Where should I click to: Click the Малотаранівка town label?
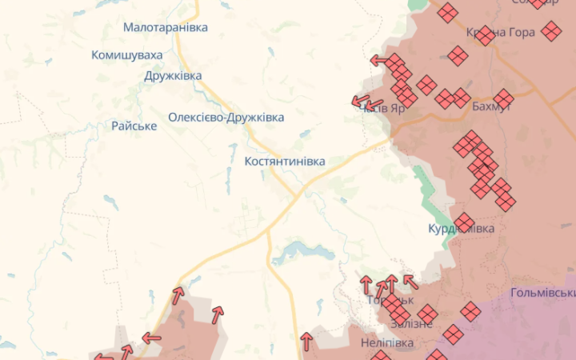[x=165, y=27]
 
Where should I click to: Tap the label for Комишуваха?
[x=126, y=55]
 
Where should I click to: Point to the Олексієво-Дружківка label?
[x=226, y=117]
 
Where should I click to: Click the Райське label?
[x=134, y=126]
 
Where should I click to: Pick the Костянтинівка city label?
[x=285, y=161]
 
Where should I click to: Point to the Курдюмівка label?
[x=461, y=229]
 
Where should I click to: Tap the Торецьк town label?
[x=390, y=301]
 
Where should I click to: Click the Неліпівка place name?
[x=387, y=342]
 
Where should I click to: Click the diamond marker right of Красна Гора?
[x=551, y=31]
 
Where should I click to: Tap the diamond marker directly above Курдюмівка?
[x=464, y=222]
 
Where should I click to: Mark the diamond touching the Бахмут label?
[x=503, y=98]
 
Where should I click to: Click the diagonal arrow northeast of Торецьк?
[x=410, y=281]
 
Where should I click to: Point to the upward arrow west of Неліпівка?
[x=306, y=342]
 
